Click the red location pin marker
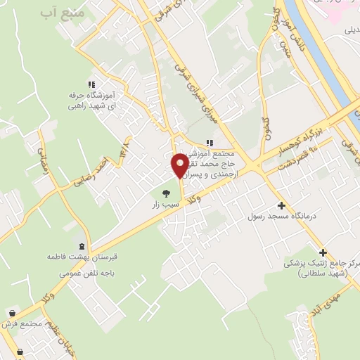(x=180, y=165)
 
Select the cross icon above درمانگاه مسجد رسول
(x=281, y=205)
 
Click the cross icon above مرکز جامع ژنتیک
(x=323, y=252)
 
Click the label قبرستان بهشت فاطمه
(x=81, y=258)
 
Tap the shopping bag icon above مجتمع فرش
(x=13, y=314)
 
